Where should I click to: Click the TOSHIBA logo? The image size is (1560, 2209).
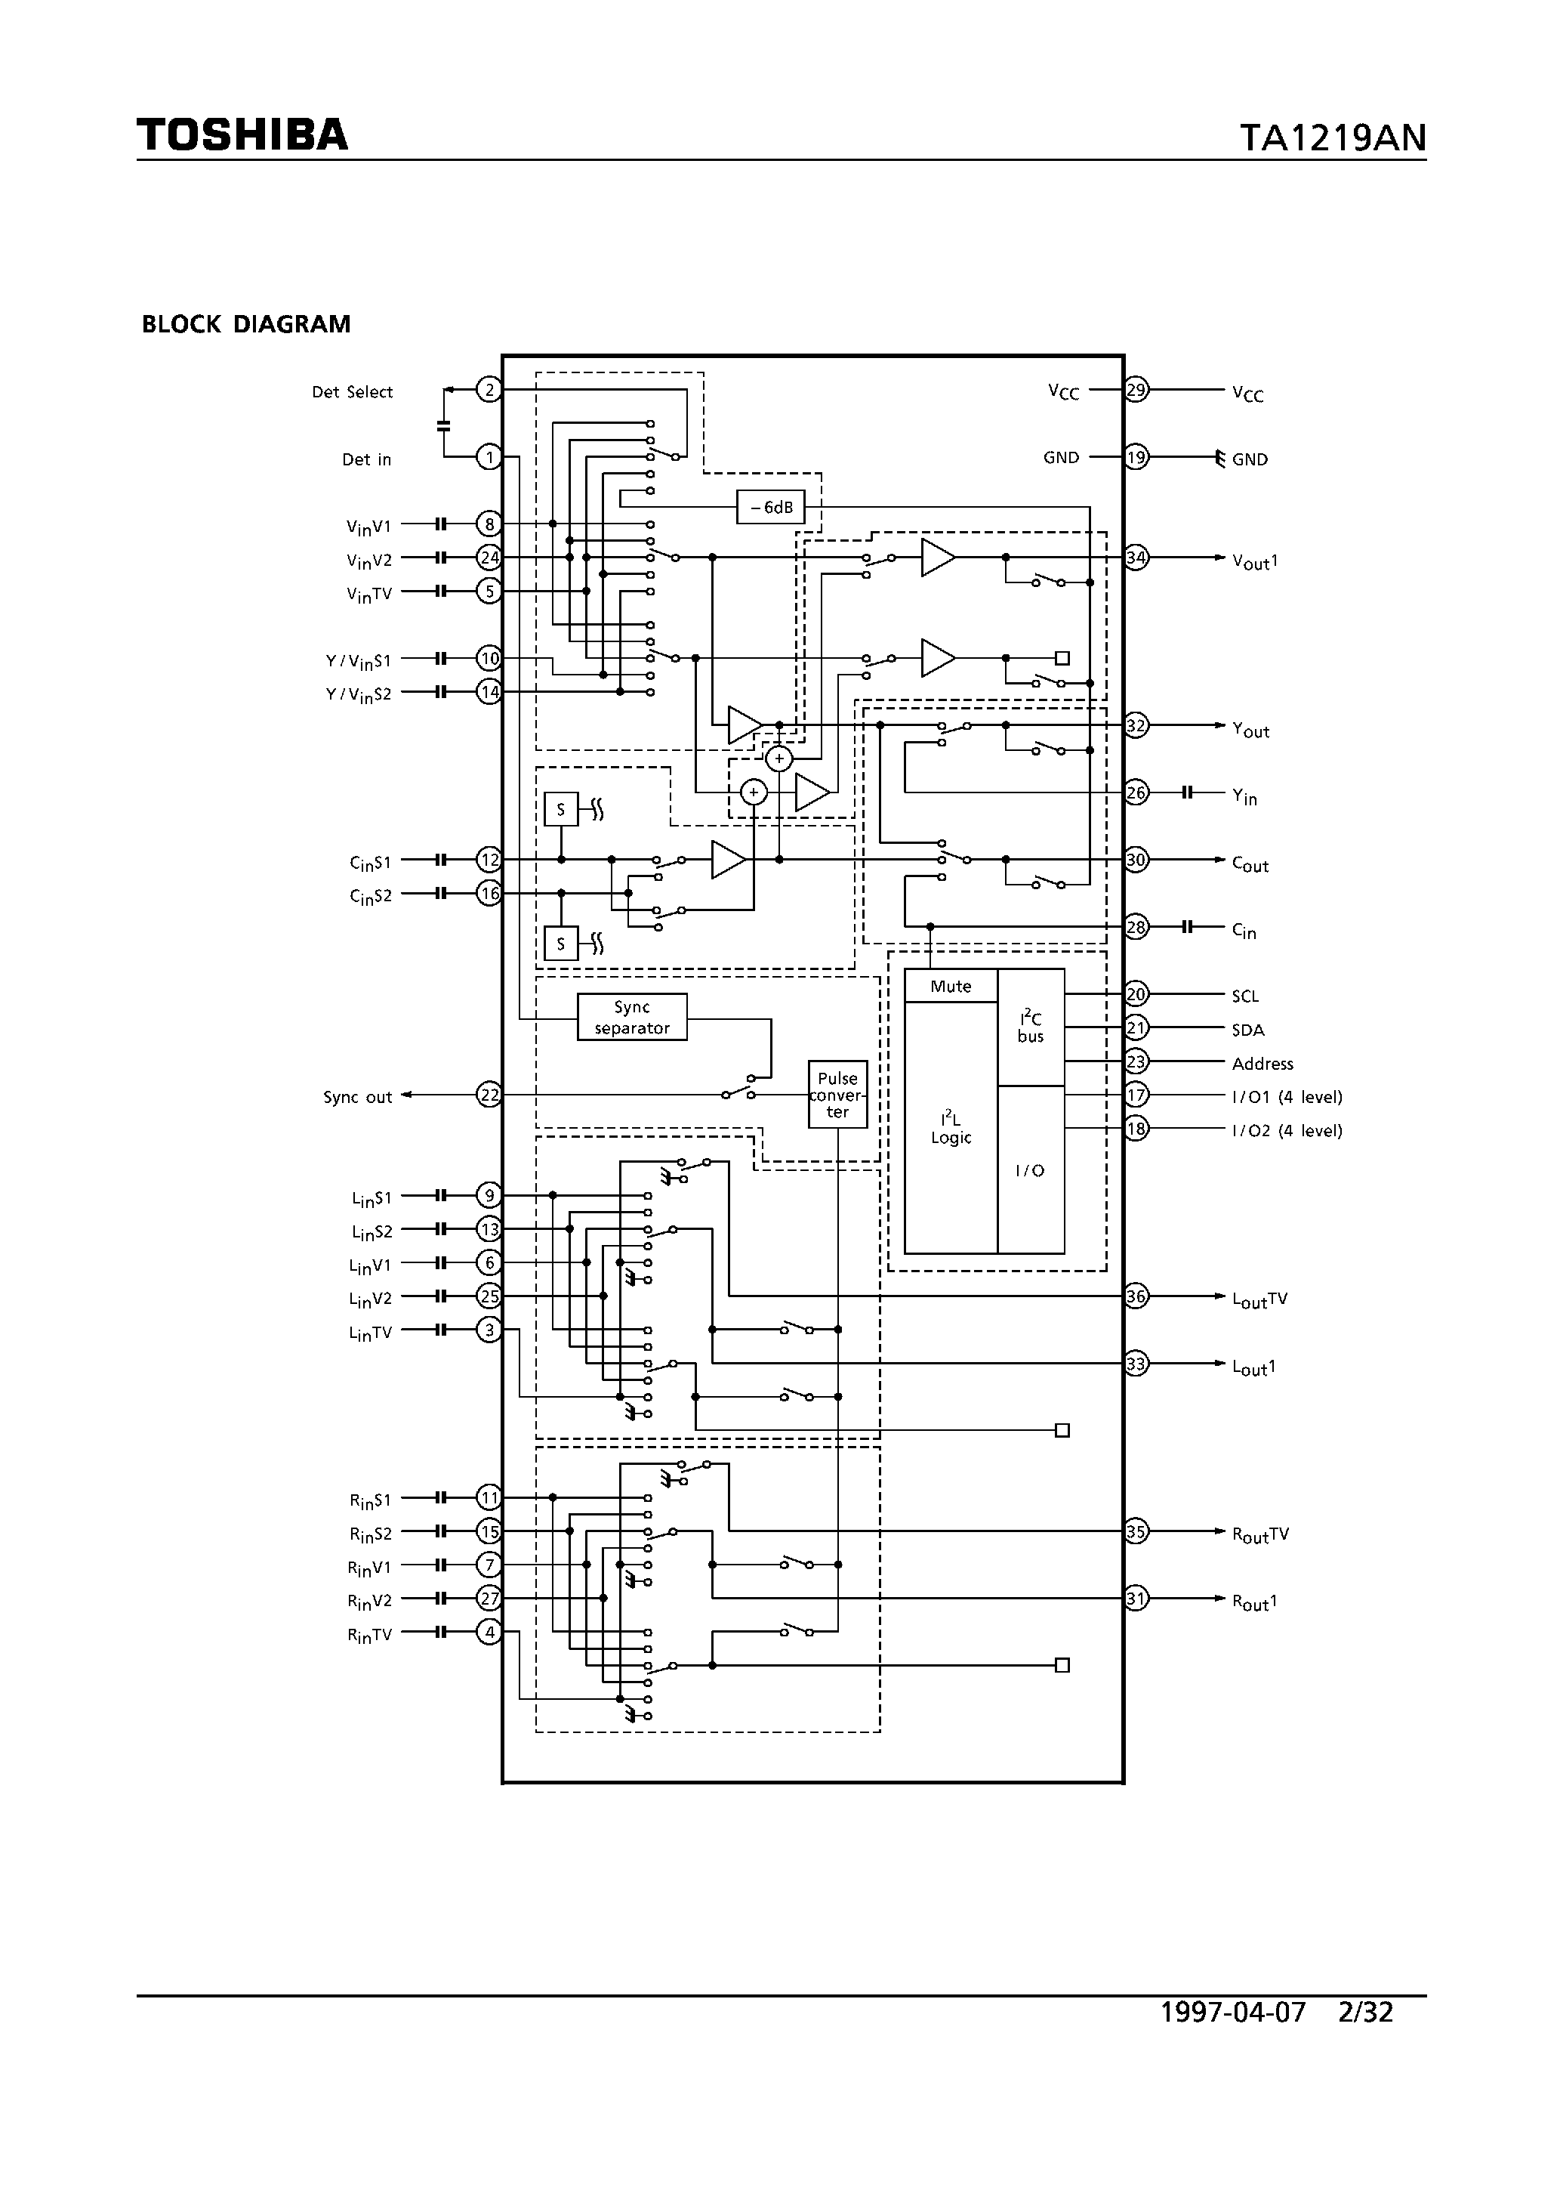(x=242, y=136)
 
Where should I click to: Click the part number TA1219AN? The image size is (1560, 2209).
(x=1331, y=138)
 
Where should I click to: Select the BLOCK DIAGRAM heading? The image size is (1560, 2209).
(x=246, y=324)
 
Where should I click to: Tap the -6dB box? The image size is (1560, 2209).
(x=770, y=507)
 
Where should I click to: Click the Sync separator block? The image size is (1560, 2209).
(x=632, y=1017)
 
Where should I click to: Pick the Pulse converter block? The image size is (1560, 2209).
(x=837, y=1095)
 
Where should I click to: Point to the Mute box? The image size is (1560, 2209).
(x=950, y=986)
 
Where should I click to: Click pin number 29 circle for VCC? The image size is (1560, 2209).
(x=1137, y=390)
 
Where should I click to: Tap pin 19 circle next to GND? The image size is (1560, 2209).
(x=1137, y=457)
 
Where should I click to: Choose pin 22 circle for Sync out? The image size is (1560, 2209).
(x=489, y=1095)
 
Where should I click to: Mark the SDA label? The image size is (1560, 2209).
(x=1247, y=1030)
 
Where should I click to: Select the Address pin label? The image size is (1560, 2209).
(x=1262, y=1063)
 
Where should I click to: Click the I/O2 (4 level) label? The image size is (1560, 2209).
(x=1287, y=1130)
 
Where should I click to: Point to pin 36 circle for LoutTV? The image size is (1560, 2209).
(x=1137, y=1296)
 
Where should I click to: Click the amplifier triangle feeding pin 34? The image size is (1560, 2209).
(x=936, y=557)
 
